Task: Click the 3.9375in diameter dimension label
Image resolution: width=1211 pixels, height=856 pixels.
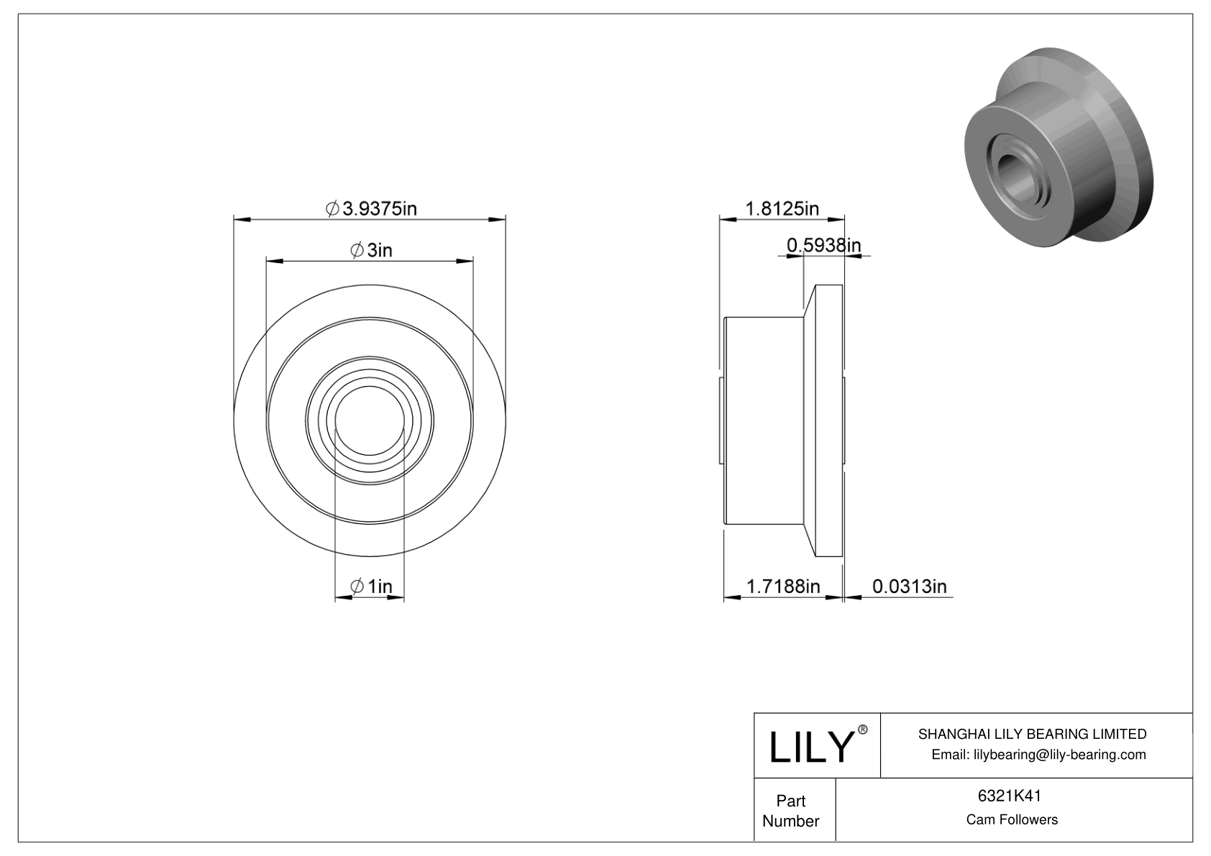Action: (x=372, y=208)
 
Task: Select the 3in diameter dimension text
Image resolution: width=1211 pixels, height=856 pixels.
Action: (x=371, y=250)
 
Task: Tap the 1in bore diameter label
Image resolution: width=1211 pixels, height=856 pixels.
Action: (x=371, y=586)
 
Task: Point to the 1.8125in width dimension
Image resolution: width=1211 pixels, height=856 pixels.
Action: (x=782, y=208)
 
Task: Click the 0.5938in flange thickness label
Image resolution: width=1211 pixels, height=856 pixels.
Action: (x=823, y=246)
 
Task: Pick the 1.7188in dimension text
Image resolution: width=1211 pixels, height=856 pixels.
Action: (x=783, y=586)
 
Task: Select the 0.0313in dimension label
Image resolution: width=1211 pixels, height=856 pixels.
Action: (x=909, y=586)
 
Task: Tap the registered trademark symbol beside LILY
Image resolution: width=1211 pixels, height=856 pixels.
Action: (x=863, y=730)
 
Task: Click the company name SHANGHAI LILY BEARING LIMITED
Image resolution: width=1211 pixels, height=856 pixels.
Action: (x=1032, y=734)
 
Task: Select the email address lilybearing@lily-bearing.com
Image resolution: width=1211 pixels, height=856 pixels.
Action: (x=1038, y=754)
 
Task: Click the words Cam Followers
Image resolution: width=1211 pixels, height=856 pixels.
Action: (x=1012, y=819)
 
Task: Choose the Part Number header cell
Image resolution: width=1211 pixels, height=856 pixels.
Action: (x=791, y=811)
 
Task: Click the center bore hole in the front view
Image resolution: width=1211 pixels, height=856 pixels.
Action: (x=370, y=421)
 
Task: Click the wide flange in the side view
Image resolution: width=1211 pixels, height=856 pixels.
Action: (x=828, y=420)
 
